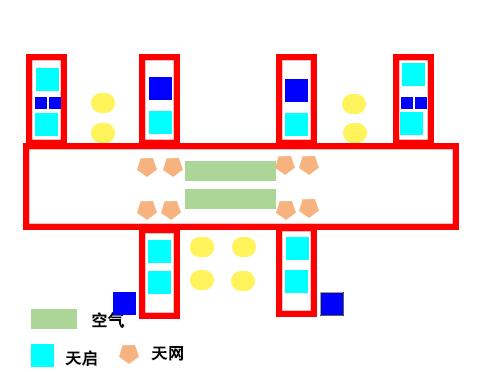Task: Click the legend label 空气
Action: point(108,320)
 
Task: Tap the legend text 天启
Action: point(81,358)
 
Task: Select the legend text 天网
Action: point(167,354)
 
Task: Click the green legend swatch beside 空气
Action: point(54,319)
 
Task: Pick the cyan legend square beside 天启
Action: point(42,355)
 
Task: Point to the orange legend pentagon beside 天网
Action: point(129,354)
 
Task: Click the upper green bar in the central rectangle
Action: point(230,171)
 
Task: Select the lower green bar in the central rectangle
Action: point(230,199)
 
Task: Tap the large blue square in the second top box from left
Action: point(160,89)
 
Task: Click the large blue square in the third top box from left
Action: point(296,91)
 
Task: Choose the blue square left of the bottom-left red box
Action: point(124,303)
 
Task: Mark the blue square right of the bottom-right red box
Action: point(332,304)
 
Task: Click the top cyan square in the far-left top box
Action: point(47,79)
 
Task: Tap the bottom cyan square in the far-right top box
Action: point(412,123)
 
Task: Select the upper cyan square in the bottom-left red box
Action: point(160,251)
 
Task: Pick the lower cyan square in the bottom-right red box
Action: point(296,282)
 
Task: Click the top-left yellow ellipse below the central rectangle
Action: point(202,247)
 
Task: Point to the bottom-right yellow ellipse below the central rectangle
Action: point(243,281)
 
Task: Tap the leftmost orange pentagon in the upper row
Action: point(147,167)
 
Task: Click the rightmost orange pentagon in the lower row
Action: point(309,208)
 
